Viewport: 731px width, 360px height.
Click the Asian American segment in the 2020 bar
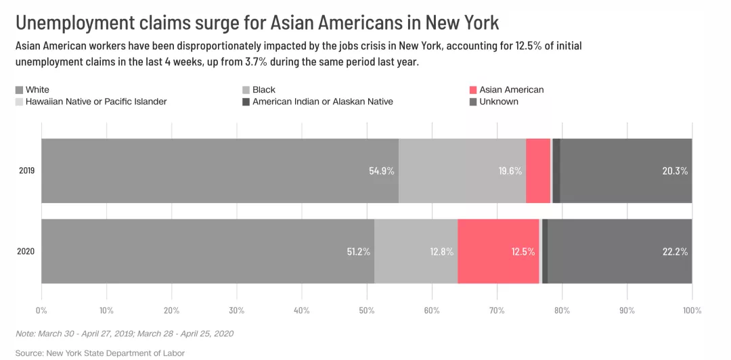(498, 251)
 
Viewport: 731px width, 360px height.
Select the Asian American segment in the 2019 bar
(538, 171)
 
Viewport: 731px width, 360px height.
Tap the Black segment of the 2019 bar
(462, 171)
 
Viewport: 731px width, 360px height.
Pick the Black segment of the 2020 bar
(416, 251)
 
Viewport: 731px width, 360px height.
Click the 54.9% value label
(382, 171)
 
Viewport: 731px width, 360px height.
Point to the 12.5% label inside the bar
(523, 252)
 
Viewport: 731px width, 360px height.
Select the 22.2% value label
(675, 252)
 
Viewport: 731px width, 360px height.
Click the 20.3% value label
(675, 171)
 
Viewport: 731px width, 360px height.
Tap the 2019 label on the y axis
(27, 171)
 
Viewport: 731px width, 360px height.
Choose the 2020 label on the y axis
(27, 252)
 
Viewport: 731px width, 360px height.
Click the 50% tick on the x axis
(367, 310)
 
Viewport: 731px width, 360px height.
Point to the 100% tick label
(691, 310)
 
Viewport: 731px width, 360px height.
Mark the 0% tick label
(41, 310)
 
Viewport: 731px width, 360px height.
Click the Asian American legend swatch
(473, 90)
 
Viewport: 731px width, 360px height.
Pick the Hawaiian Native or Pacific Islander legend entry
(95, 102)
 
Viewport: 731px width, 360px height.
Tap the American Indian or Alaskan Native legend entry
(322, 102)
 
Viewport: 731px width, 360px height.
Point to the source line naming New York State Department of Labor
(99, 353)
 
